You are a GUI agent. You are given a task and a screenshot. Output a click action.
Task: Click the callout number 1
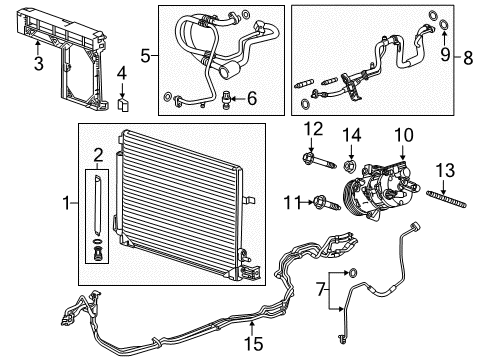click(x=66, y=205)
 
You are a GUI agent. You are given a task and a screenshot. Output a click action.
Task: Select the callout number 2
click(x=97, y=153)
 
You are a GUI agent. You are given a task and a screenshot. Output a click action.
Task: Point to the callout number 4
click(x=121, y=72)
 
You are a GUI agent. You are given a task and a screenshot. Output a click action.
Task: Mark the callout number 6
click(x=252, y=98)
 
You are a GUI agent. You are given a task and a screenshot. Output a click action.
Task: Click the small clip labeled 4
click(x=121, y=102)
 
